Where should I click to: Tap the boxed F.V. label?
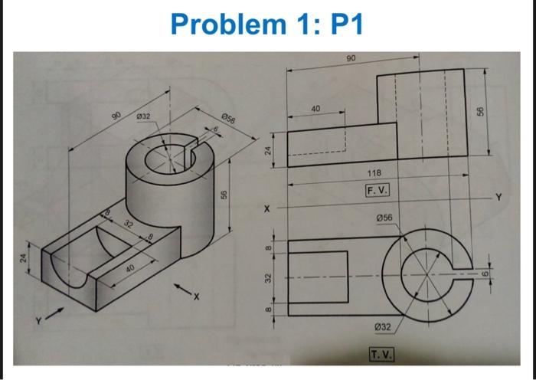(x=378, y=188)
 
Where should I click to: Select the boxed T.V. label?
(x=381, y=353)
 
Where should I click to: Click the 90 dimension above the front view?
(x=351, y=58)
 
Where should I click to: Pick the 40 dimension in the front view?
(x=316, y=108)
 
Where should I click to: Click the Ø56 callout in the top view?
(x=385, y=218)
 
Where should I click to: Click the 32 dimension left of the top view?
(x=267, y=280)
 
